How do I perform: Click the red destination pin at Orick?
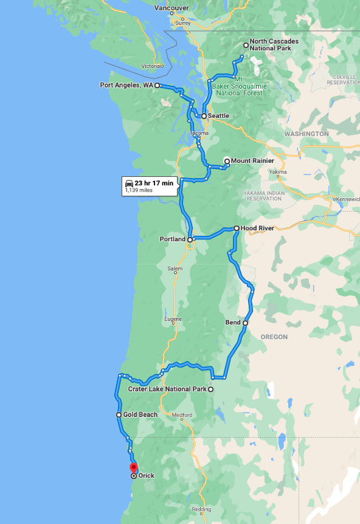[134, 467]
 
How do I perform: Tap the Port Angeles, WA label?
[126, 86]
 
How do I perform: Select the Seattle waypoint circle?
[204, 115]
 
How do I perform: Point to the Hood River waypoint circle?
[236, 229]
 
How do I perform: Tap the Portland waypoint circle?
[190, 240]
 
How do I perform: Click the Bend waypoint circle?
[245, 323]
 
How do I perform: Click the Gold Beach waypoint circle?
[119, 415]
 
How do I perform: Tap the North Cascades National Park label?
[274, 45]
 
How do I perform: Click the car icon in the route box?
[129, 183]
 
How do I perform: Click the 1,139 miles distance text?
[139, 190]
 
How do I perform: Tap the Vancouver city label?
[171, 8]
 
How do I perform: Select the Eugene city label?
[173, 319]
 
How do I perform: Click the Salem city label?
[174, 268]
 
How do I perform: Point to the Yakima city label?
[277, 172]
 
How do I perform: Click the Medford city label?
[182, 416]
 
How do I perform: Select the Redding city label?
[202, 509]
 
